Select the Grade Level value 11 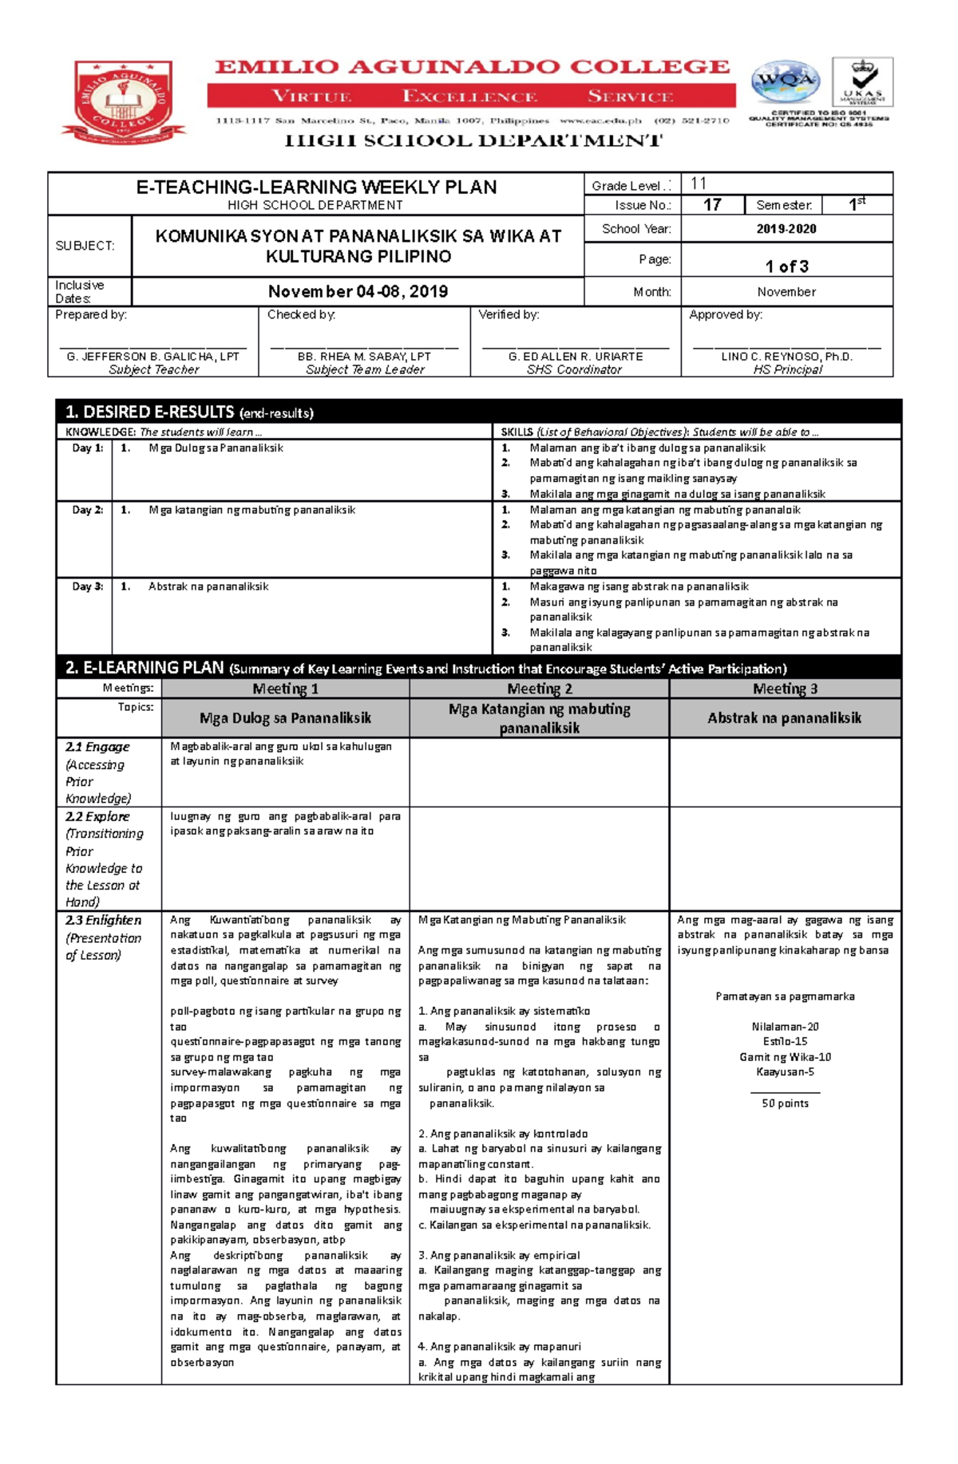point(699,183)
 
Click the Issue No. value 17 point(712,205)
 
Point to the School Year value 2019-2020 point(786,229)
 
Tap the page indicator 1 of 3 point(786,266)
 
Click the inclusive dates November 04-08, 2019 point(358,291)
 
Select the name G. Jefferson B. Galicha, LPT point(153,357)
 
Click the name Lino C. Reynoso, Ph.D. point(786,357)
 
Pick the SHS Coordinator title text point(574,369)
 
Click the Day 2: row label point(87,510)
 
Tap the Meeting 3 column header point(785,689)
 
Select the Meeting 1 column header point(285,689)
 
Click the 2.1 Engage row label point(97,747)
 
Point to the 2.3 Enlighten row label point(103,920)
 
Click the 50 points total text point(785,1103)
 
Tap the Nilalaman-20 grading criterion point(785,1027)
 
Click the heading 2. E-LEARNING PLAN point(144,668)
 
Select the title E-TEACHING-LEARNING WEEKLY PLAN point(316,187)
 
